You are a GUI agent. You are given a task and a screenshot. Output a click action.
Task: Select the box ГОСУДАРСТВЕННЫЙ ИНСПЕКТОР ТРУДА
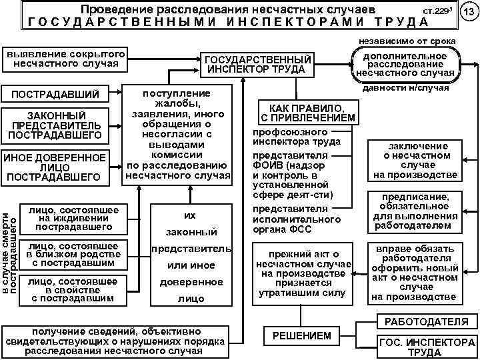257,64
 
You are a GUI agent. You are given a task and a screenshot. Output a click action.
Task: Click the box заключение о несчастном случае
415,161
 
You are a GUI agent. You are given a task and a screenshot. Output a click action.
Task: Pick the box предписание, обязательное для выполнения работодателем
415,211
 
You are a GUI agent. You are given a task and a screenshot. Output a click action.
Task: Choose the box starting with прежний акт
303,273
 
